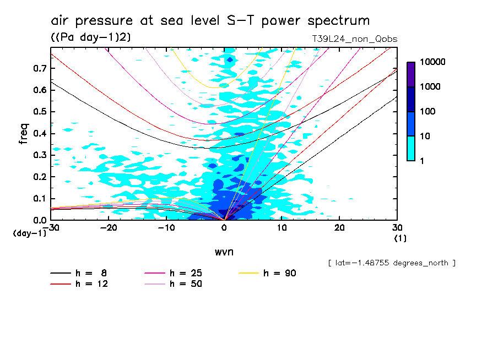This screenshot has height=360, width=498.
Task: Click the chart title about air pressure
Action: tap(210, 21)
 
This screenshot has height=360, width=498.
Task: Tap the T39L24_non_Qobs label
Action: tap(354, 39)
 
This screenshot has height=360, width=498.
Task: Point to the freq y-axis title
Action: tap(24, 134)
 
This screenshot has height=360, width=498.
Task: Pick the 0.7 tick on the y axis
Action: tap(39, 68)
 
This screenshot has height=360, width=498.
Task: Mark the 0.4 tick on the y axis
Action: tap(39, 134)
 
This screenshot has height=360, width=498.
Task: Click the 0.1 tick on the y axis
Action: tap(39, 199)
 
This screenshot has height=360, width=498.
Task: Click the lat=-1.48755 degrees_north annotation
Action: tap(391, 263)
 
